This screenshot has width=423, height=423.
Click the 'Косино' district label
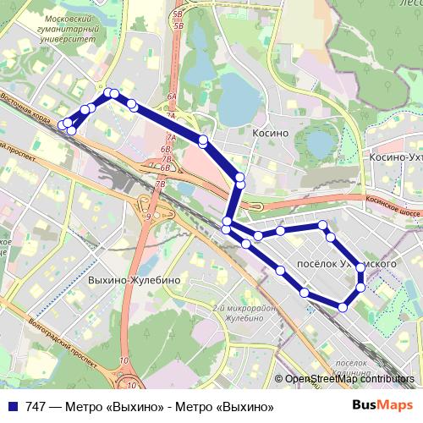(x=271, y=133)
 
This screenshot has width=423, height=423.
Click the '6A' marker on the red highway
(x=172, y=99)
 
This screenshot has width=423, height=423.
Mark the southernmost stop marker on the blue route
(x=343, y=307)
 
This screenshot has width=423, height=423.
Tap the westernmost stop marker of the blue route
(x=63, y=124)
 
